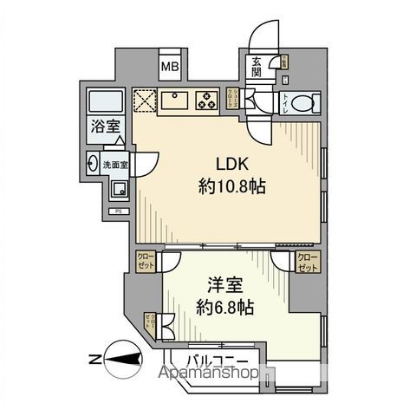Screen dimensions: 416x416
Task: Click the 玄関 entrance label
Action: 257,67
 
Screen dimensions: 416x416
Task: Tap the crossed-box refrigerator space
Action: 143,100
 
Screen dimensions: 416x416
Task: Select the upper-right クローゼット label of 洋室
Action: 308,261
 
